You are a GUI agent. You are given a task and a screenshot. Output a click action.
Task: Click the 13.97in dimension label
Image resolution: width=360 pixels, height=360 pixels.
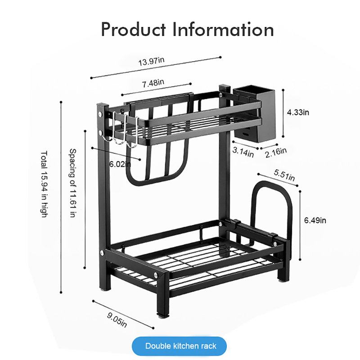[x=151, y=61]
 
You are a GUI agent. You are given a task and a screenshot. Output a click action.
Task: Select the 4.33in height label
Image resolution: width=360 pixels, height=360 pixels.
[x=298, y=112]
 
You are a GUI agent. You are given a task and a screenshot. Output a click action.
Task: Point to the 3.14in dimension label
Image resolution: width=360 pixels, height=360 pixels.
[x=243, y=152]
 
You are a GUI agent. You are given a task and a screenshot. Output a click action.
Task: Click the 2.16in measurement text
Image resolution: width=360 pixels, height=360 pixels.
[x=276, y=153]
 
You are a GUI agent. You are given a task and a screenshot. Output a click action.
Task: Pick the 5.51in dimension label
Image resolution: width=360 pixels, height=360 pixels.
[x=284, y=175]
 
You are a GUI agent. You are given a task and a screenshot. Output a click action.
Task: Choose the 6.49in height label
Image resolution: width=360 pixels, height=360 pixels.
[x=315, y=220]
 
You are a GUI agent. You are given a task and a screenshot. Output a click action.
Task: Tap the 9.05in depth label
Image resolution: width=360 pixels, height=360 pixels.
[x=117, y=319]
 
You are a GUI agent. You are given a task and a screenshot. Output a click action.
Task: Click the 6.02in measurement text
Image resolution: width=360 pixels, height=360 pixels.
[x=120, y=164]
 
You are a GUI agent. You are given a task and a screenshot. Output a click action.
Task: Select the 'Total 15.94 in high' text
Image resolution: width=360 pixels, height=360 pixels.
[x=44, y=184]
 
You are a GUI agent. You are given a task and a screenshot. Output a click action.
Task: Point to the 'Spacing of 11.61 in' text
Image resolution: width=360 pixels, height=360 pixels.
[x=73, y=183]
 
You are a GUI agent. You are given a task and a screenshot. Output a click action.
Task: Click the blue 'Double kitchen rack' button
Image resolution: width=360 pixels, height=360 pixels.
[x=179, y=346]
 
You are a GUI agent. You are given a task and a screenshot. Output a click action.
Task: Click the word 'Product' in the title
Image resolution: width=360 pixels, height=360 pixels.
[x=133, y=30]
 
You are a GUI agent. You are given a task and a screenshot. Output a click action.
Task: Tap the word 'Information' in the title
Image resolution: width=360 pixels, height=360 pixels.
[x=223, y=30]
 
